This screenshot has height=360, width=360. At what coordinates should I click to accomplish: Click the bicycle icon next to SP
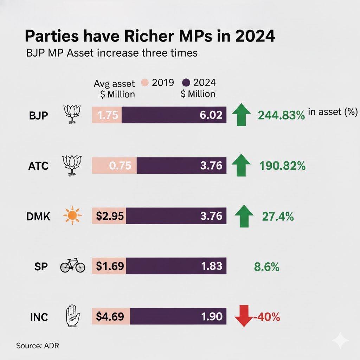[x=73, y=266]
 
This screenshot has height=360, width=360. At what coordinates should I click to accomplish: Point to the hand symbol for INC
[x=71, y=316]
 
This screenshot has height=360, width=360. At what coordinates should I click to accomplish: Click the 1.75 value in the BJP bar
[x=107, y=115]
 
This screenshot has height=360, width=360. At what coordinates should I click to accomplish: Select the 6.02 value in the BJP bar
[x=211, y=115]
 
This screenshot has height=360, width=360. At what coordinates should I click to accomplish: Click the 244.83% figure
[x=281, y=115]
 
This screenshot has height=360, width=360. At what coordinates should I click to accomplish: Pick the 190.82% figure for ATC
[x=282, y=166]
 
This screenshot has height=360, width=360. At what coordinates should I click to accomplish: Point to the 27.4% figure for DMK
[x=278, y=216]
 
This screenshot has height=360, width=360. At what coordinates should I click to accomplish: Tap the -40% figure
[x=266, y=317]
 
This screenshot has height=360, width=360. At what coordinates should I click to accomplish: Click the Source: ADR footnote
[x=38, y=345]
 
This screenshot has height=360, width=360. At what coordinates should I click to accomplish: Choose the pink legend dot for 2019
[x=144, y=83]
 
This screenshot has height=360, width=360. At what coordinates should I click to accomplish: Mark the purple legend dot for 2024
[x=186, y=83]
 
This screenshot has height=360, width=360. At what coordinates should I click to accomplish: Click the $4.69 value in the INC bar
[x=110, y=316]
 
